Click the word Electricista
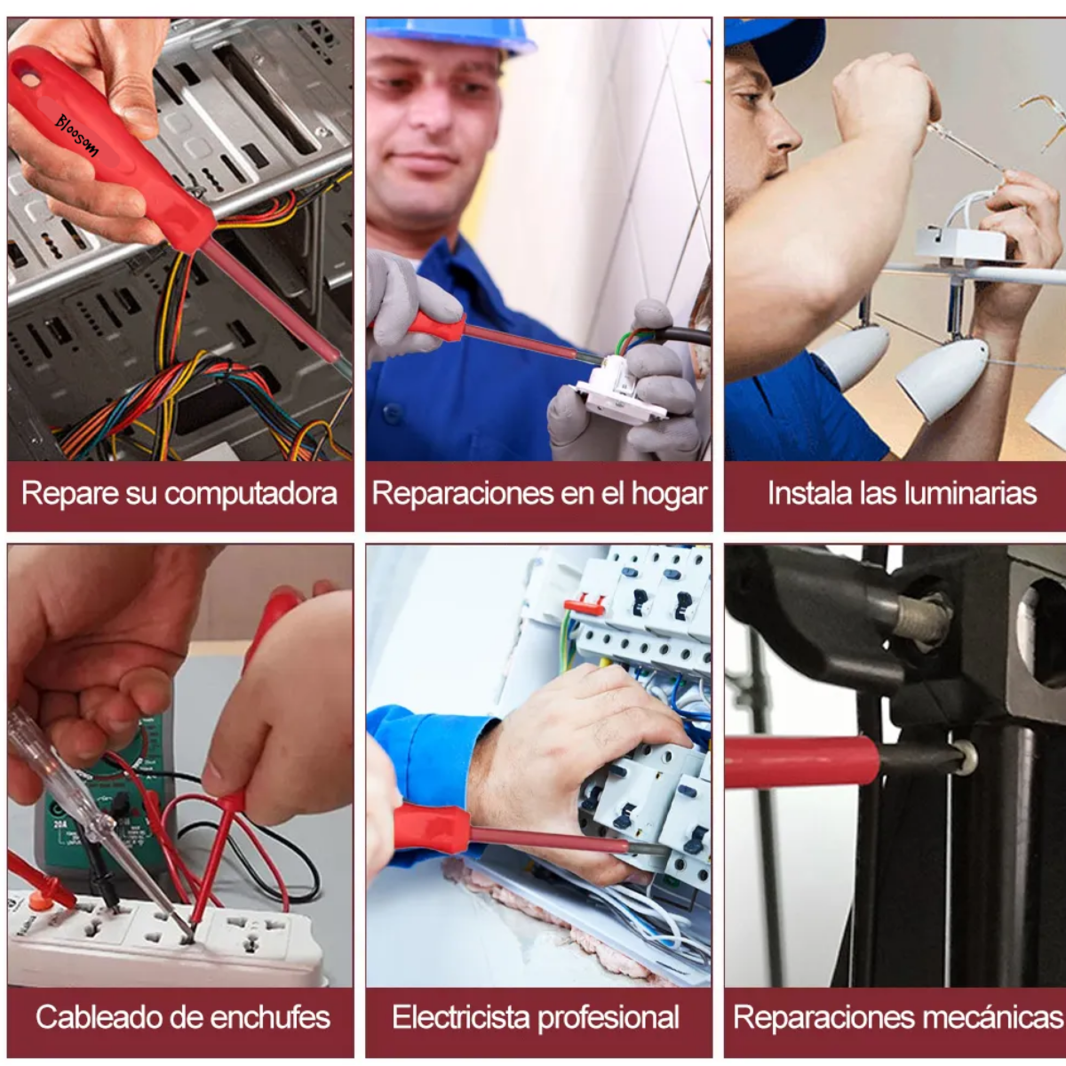point(461,1017)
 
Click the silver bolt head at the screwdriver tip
point(966,757)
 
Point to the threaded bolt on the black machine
point(924,617)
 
